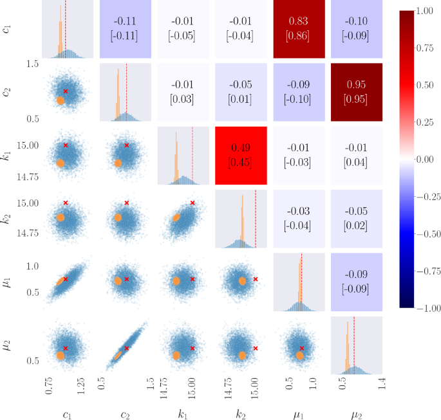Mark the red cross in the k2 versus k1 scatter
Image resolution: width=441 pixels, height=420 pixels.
192,203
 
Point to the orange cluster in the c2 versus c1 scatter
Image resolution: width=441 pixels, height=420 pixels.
61,100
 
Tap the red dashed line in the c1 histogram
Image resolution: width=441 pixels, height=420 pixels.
66,29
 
